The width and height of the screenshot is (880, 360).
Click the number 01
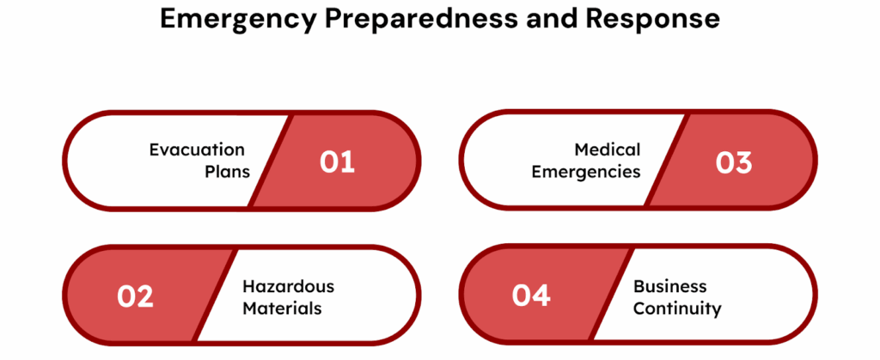(338, 162)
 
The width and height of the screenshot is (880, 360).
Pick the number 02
(135, 296)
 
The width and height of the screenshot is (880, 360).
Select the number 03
(734, 162)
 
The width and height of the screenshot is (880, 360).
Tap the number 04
(531, 296)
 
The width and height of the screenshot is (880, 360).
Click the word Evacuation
(197, 150)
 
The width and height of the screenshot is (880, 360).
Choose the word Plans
(227, 172)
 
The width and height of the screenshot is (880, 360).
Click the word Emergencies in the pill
(585, 172)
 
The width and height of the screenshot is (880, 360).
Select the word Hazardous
(288, 286)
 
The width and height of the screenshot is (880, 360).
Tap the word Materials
(282, 308)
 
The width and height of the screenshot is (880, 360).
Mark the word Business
(669, 286)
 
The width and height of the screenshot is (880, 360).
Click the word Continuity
(677, 308)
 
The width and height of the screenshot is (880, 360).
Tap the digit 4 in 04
(541, 296)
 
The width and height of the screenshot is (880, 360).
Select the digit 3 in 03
(744, 162)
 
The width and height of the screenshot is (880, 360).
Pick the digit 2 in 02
(144, 296)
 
